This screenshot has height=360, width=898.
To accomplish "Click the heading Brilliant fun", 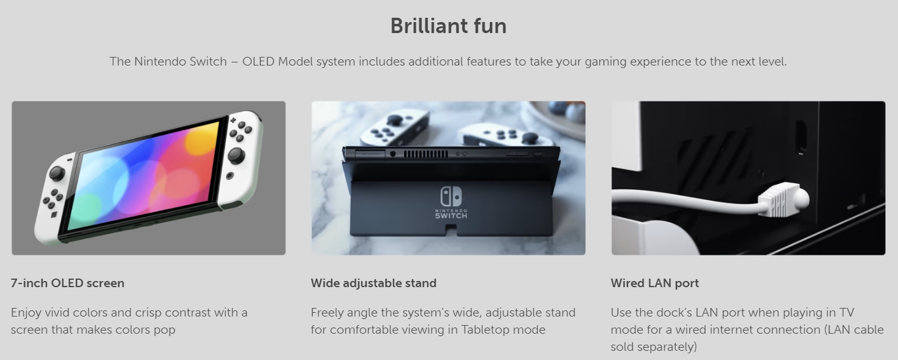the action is click(448, 26).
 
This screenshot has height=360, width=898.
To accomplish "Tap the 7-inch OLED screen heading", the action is click(67, 283).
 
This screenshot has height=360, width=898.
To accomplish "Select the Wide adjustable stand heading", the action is click(373, 283).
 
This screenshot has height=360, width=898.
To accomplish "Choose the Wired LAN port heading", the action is click(654, 283).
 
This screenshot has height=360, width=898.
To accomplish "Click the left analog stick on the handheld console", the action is click(56, 173).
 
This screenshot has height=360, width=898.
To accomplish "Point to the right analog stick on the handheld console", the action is click(236, 155).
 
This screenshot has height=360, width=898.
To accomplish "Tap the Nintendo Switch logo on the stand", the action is click(451, 202).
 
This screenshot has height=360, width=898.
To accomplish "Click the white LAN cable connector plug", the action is click(784, 200).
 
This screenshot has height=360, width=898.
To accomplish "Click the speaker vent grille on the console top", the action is click(425, 154).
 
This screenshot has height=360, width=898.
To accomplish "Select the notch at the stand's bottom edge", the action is click(451, 230).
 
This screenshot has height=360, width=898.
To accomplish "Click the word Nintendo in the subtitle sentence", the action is click(160, 62).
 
